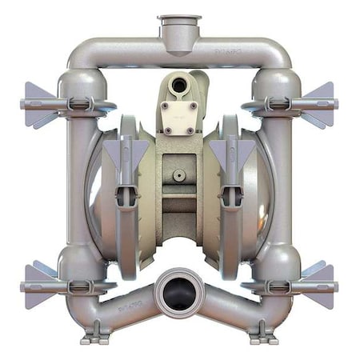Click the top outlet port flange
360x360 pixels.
[179, 18]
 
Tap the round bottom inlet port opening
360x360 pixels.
[179, 292]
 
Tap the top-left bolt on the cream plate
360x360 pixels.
[167, 105]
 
